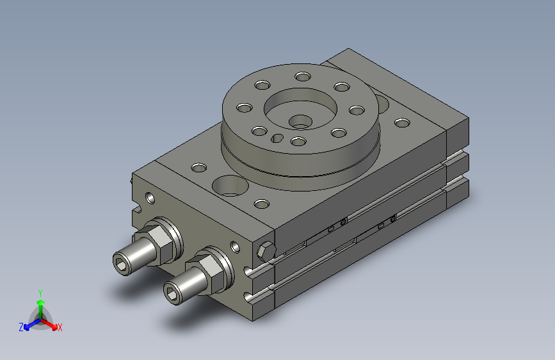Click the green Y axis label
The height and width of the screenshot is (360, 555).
[x=40, y=293]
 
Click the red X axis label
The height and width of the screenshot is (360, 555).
[x=60, y=327]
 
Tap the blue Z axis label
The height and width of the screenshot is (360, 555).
[x=21, y=327]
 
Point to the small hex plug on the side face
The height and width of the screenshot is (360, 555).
[x=266, y=251]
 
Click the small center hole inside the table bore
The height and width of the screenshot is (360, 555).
[x=300, y=122]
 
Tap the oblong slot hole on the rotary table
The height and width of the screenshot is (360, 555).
[x=277, y=138]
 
